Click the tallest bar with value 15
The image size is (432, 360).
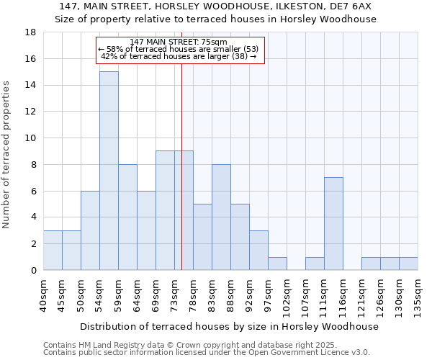coord(109,171)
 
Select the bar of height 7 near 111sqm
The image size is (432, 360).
coord(333,223)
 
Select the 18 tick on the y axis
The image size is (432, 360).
coord(30,32)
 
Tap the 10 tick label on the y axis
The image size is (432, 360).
coord(30,138)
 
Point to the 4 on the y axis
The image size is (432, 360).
coord(33,217)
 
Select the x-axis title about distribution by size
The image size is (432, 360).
coord(229,326)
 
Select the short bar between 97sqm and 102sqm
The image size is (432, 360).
coord(277,264)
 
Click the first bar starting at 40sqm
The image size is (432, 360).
coord(53,250)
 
